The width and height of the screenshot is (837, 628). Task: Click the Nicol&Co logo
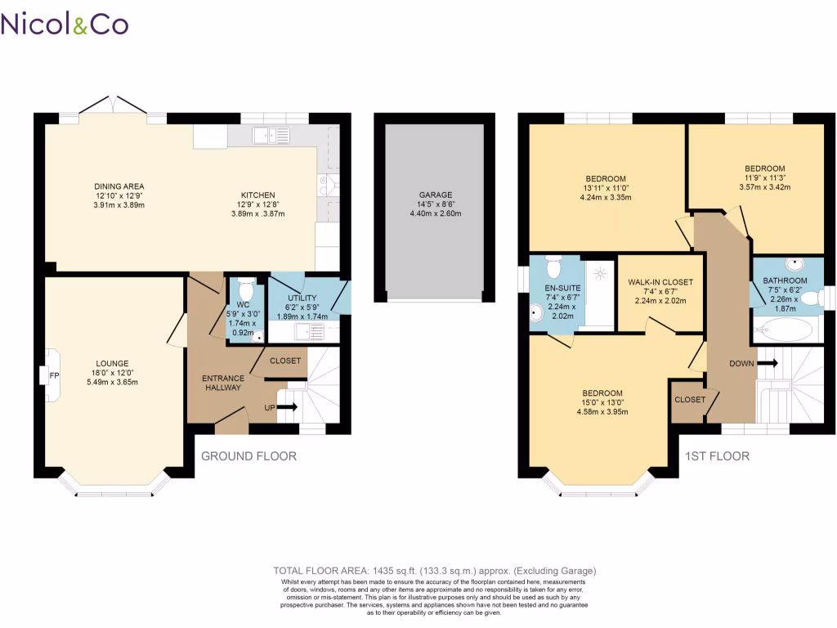tap(65, 24)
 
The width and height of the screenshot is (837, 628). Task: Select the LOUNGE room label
tap(113, 364)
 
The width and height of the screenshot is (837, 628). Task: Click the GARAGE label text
tap(436, 195)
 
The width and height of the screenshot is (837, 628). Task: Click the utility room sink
tap(311, 331)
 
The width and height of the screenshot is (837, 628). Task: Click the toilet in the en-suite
tap(553, 267)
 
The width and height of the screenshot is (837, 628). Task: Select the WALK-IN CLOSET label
tap(660, 282)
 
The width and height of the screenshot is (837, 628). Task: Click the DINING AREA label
tap(119, 186)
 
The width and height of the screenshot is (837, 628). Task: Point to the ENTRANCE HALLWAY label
tap(223, 383)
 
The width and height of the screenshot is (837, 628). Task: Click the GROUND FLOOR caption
tap(248, 455)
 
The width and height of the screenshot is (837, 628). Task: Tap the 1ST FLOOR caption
tap(718, 455)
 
